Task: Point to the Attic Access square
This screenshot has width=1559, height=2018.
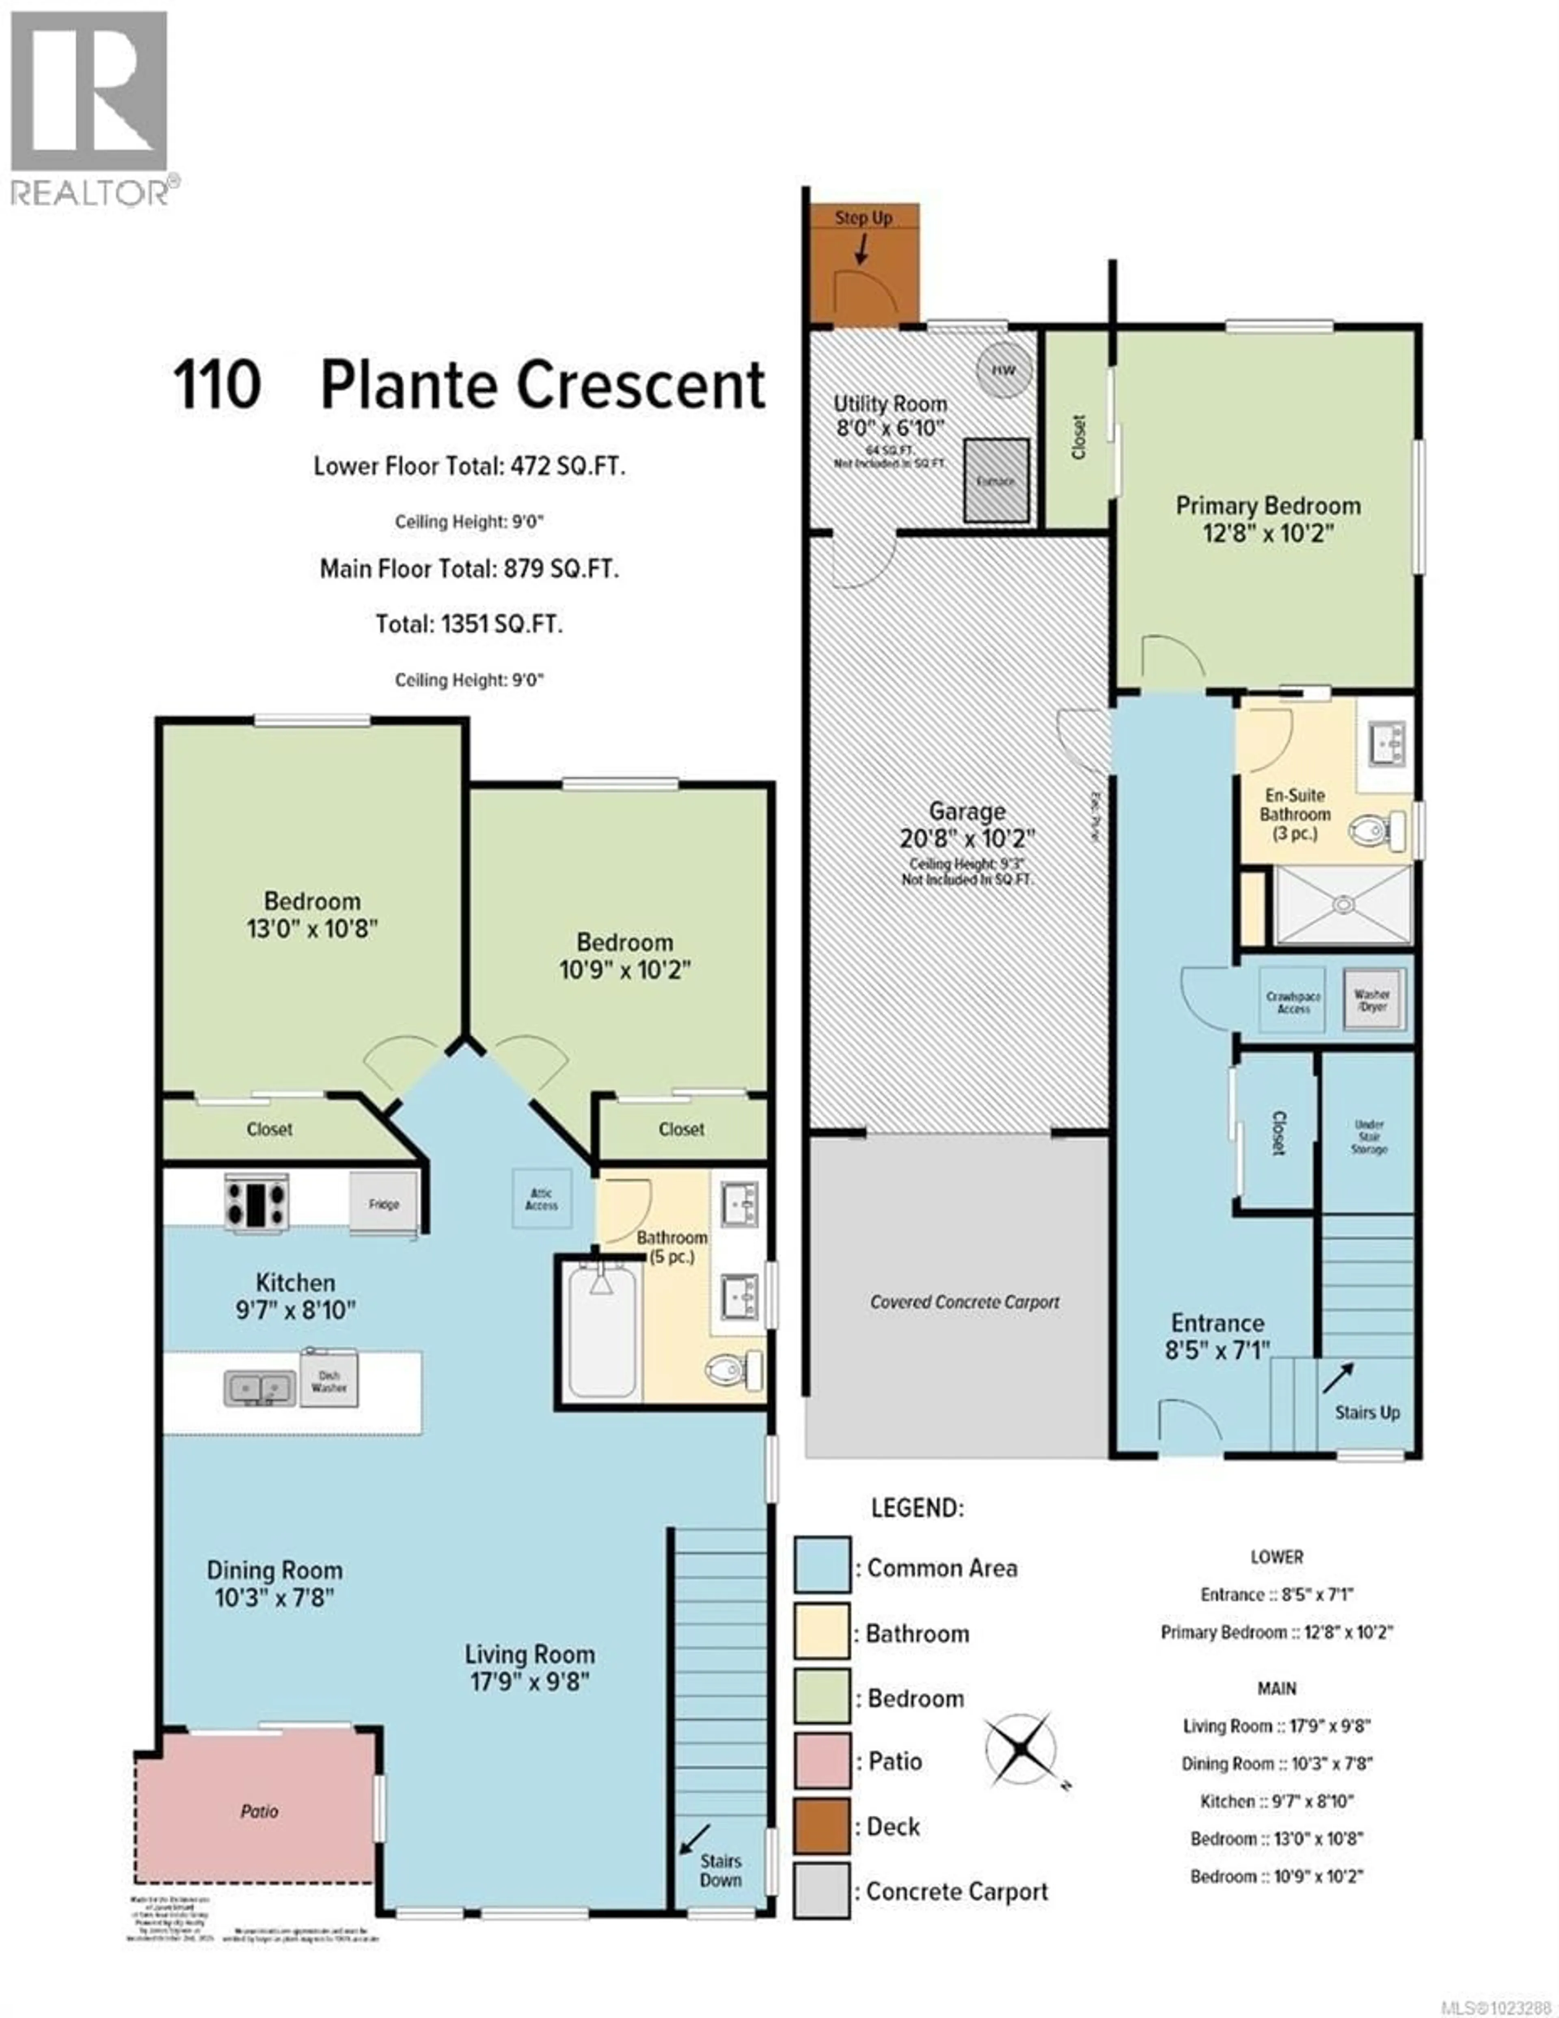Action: [x=542, y=1198]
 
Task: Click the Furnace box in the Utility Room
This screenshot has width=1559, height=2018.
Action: [x=996, y=479]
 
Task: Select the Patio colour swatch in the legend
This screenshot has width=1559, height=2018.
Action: [x=822, y=1760]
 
